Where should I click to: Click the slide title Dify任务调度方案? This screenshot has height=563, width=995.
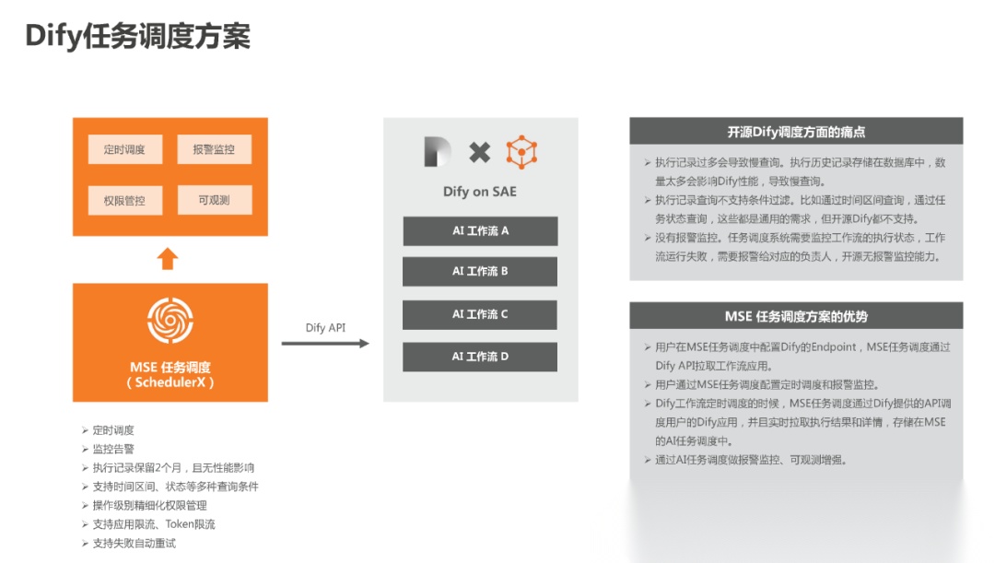pyautogui.click(x=137, y=37)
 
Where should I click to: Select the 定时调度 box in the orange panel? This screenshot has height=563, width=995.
pyautogui.click(x=124, y=149)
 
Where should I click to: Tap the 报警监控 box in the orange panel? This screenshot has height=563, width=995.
pyautogui.click(x=213, y=149)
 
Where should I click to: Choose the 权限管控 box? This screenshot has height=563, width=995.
pyautogui.click(x=124, y=200)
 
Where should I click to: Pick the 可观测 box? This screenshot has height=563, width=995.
pyautogui.click(x=213, y=200)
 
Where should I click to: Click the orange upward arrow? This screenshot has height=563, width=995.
pyautogui.click(x=167, y=258)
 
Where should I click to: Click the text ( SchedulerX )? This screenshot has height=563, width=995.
pyautogui.click(x=170, y=382)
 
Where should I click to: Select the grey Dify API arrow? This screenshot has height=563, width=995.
pyautogui.click(x=325, y=344)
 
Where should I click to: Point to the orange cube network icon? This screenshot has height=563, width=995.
pyautogui.click(x=521, y=152)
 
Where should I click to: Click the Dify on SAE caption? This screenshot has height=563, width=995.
pyautogui.click(x=480, y=192)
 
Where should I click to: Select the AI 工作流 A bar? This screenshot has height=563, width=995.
pyautogui.click(x=480, y=230)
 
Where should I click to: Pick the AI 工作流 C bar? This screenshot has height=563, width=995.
pyautogui.click(x=480, y=314)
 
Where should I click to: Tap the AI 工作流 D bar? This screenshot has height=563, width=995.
pyautogui.click(x=480, y=357)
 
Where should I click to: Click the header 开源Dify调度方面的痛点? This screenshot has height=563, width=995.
pyautogui.click(x=796, y=132)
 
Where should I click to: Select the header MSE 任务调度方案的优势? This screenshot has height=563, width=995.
pyautogui.click(x=796, y=316)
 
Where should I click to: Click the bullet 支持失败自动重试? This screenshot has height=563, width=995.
pyautogui.click(x=134, y=543)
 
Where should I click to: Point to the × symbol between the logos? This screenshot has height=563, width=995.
pyautogui.click(x=480, y=152)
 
